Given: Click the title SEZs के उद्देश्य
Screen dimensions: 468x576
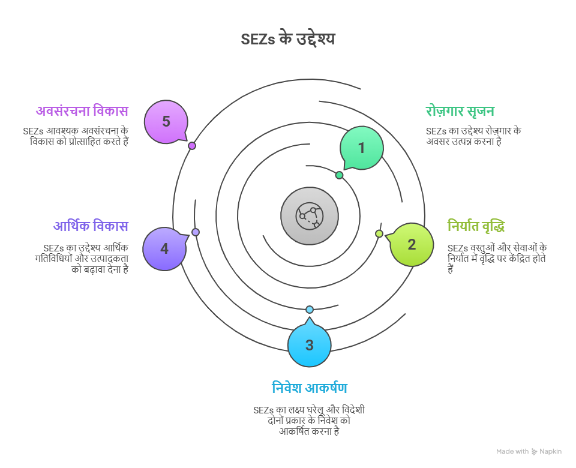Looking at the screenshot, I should tap(287, 40).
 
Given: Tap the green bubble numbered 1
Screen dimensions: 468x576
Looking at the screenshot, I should tap(361, 148).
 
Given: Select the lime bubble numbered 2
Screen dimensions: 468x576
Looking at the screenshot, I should tap(412, 244).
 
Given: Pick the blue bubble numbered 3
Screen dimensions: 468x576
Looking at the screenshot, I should tap(309, 345).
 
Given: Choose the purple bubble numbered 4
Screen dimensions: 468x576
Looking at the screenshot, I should tap(164, 248).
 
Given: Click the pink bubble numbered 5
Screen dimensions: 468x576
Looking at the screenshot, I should tap(166, 121).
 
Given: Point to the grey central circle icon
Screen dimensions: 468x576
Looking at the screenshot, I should tap(310, 216).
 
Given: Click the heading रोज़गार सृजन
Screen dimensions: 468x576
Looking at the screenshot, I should tap(460, 111).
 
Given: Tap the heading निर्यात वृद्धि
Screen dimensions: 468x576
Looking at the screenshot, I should tap(476, 226).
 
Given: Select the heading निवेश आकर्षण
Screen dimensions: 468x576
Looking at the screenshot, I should tap(309, 388).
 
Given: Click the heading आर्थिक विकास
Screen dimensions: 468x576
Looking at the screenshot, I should tap(91, 226).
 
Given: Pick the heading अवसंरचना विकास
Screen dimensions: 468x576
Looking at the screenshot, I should tap(82, 111).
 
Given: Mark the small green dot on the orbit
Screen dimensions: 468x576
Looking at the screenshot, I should tap(339, 175).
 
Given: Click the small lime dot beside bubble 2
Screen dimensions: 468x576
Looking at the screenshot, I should tap(379, 233).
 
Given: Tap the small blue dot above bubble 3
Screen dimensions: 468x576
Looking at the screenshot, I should tap(310, 310).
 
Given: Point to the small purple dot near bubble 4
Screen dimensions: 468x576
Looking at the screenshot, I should tap(195, 232).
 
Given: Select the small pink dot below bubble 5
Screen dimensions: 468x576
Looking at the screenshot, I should tap(192, 146).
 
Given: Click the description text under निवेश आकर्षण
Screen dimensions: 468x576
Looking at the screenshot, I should tap(309, 421).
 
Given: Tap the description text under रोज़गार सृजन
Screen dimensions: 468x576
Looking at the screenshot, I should tap(473, 136).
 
